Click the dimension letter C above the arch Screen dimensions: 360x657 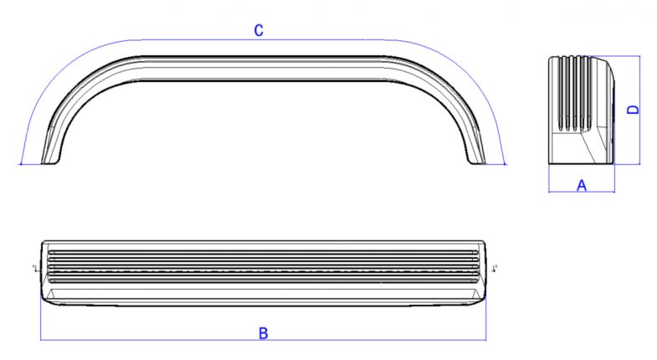click(x=259, y=31)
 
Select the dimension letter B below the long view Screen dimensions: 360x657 click(x=263, y=333)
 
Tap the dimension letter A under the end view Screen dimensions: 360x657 click(x=582, y=185)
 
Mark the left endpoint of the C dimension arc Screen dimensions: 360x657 click(x=21, y=164)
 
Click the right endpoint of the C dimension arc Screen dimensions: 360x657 click(x=506, y=164)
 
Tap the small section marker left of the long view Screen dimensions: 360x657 click(x=34, y=268)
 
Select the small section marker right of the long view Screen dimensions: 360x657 click(x=495, y=268)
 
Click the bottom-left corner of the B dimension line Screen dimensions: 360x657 click(x=41, y=340)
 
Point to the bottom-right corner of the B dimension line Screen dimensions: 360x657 click(x=485, y=340)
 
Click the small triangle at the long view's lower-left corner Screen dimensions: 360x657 click(x=52, y=294)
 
